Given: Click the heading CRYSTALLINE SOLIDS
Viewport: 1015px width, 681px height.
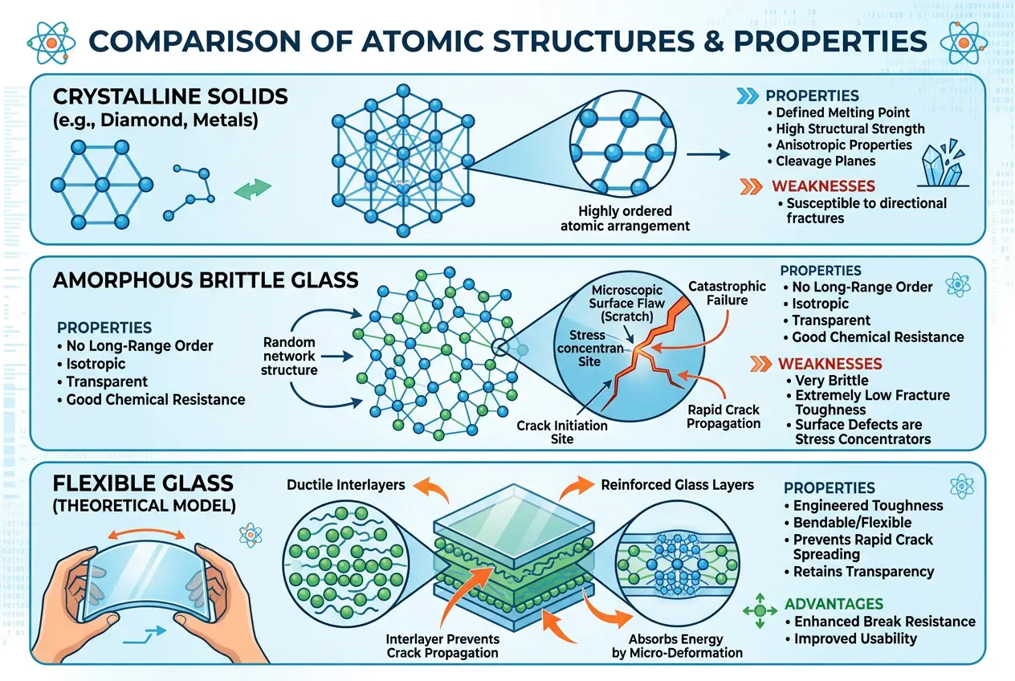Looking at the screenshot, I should [x=170, y=97].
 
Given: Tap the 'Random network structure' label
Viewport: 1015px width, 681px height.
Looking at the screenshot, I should [x=289, y=356].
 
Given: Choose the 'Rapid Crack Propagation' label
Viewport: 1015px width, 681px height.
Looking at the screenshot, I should [x=723, y=416].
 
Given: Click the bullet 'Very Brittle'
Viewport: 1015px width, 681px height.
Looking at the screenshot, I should [x=831, y=381].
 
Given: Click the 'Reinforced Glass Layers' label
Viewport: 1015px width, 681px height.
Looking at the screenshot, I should [x=677, y=484].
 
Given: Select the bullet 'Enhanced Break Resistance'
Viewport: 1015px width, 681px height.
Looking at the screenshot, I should [x=884, y=622].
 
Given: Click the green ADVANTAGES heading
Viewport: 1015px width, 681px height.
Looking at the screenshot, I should [x=834, y=604].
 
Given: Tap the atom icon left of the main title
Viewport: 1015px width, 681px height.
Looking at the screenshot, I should [x=49, y=41].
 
